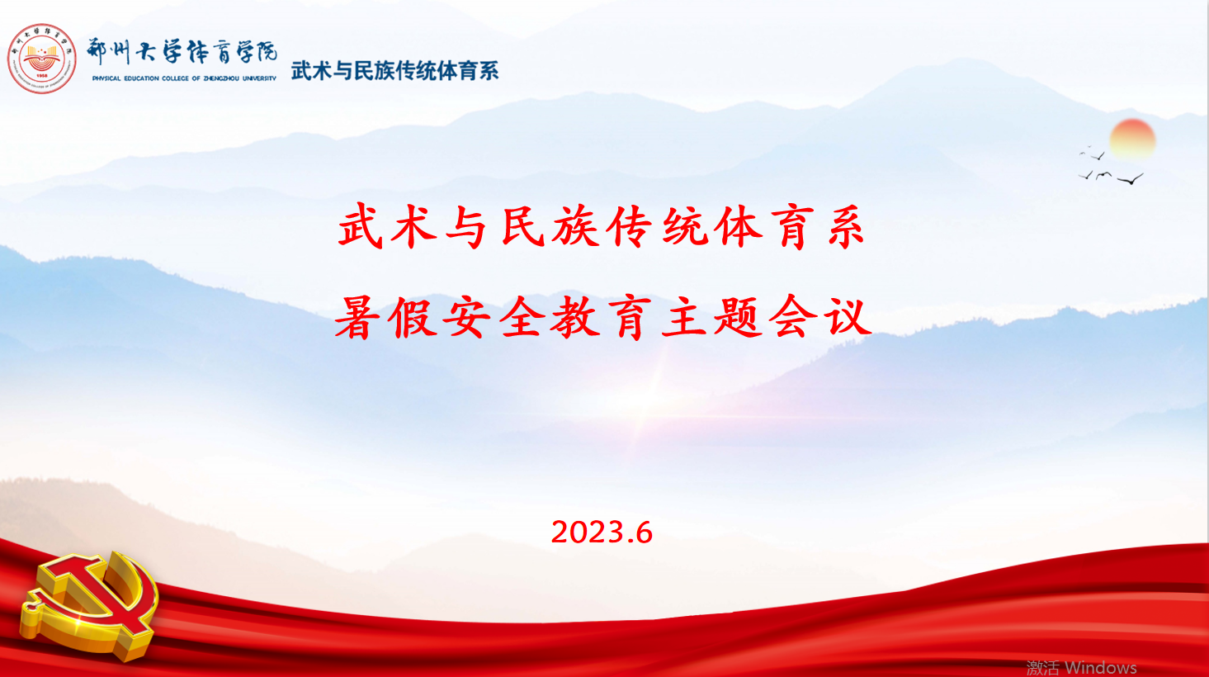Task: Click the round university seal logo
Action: coord(41,59)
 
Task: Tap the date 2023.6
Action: coord(602,533)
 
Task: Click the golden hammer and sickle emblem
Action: coord(90,604)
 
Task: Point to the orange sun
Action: coord(1132,140)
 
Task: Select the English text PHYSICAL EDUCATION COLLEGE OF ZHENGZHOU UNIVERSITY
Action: coord(184,78)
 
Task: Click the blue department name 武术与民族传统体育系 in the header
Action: coord(394,71)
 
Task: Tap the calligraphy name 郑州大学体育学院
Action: coord(182,52)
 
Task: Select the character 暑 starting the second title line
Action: coord(357,317)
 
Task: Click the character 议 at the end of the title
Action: coord(849,317)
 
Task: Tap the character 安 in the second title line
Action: coord(465,317)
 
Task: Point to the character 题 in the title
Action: coord(738,317)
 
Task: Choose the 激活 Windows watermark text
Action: coord(1082,668)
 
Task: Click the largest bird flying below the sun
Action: coord(1131,179)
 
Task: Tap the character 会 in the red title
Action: coord(793,317)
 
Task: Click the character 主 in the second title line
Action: coord(684,317)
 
